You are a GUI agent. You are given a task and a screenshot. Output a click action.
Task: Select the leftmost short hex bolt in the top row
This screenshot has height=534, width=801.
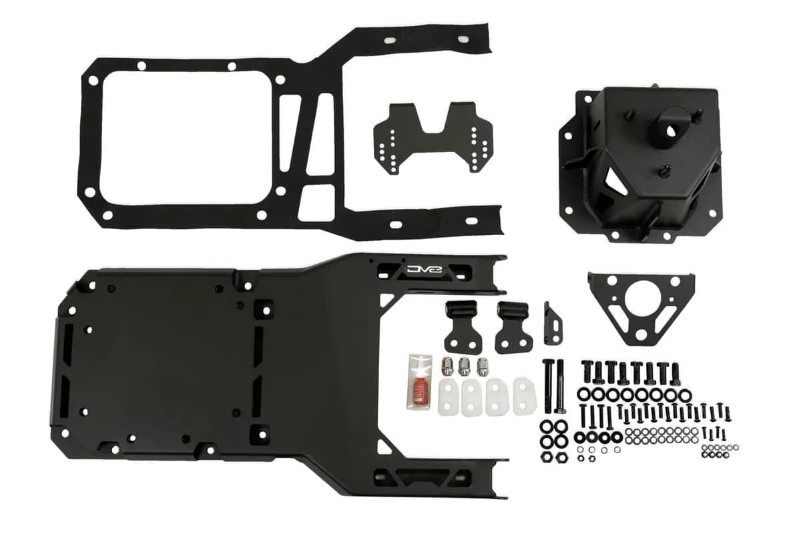click(x=588, y=371)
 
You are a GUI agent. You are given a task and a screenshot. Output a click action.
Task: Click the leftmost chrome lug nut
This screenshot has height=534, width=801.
click(x=449, y=365)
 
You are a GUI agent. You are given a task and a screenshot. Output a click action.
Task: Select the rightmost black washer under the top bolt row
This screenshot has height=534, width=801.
click(x=688, y=394)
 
